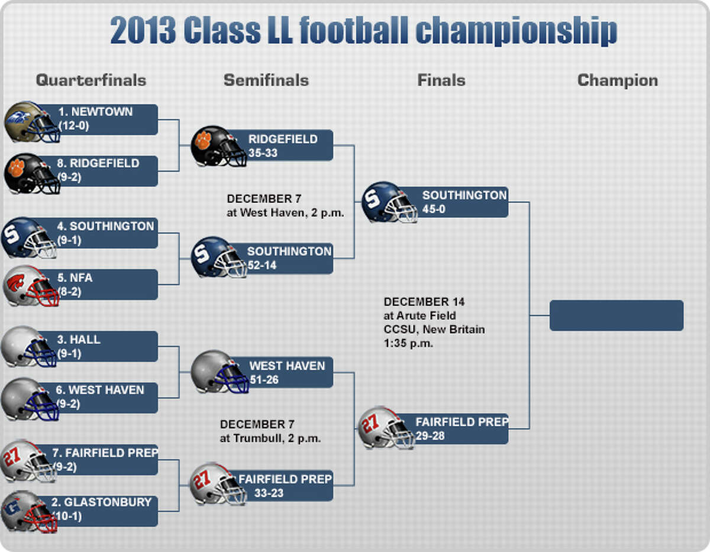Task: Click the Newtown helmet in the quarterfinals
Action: point(32,122)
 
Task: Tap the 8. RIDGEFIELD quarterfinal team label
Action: point(98,163)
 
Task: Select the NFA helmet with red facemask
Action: point(31,286)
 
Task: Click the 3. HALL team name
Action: point(79,340)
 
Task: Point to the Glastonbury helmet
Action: point(30,511)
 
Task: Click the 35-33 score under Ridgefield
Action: point(263,153)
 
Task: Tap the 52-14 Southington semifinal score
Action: point(262,265)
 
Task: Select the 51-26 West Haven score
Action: point(264,380)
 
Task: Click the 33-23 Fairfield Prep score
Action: point(269,493)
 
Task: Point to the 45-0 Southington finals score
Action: point(434,209)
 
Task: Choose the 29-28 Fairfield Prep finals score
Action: point(430,435)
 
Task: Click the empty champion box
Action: point(617,315)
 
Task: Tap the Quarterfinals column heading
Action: point(91,80)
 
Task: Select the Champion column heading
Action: point(618,80)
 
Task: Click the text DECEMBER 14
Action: point(424,302)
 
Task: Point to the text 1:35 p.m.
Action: point(408,343)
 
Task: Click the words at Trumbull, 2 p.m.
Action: point(270,438)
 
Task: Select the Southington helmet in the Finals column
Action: point(389,202)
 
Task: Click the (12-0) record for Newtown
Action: point(73,126)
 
